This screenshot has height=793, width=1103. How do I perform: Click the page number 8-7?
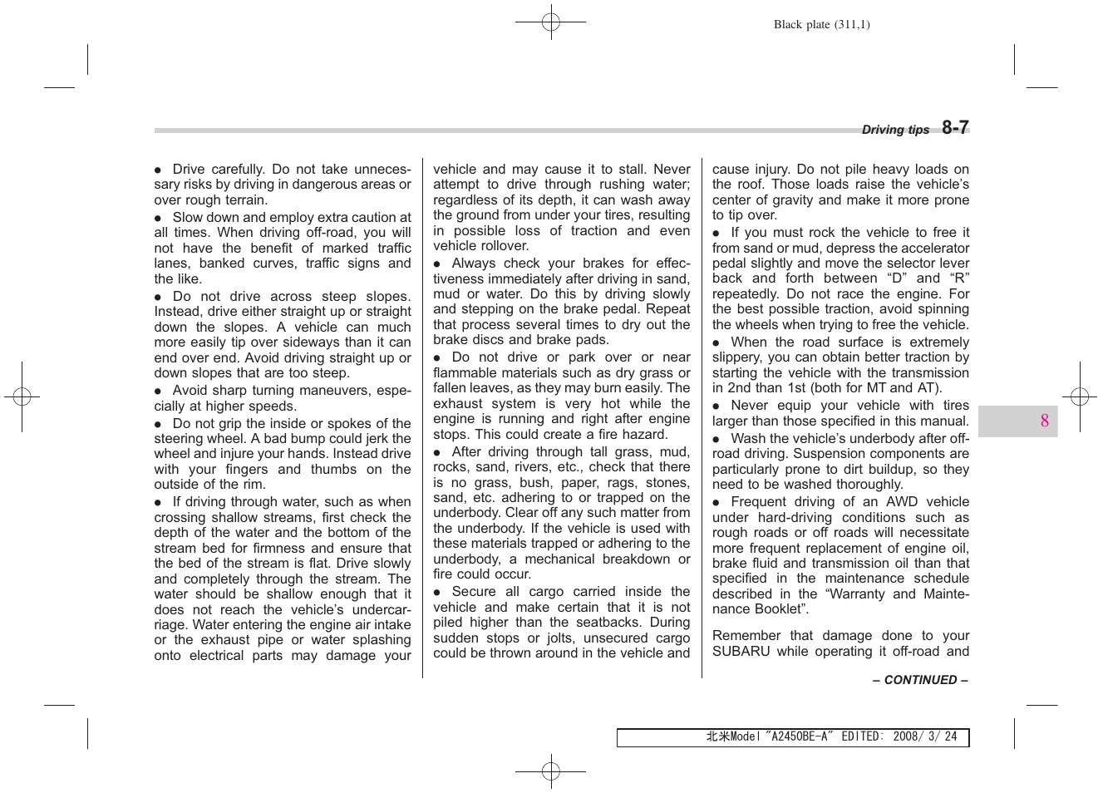click(x=955, y=127)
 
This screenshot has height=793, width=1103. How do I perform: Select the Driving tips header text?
click(x=895, y=130)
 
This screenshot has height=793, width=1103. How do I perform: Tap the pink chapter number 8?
click(x=1044, y=421)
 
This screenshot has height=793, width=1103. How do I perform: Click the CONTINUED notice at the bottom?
click(x=920, y=680)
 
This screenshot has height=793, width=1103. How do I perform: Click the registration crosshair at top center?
click(x=550, y=22)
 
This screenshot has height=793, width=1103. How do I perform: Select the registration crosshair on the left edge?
click(x=22, y=397)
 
